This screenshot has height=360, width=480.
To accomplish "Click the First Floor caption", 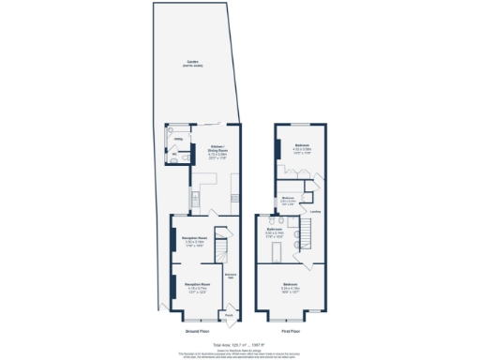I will pyautogui.click(x=291, y=331).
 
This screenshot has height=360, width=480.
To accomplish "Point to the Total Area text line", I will pyautogui.click(x=243, y=345).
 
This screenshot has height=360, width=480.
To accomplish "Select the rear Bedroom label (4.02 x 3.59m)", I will pyautogui.click(x=303, y=148).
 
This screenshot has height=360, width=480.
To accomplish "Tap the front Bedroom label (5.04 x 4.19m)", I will pyautogui.click(x=291, y=288).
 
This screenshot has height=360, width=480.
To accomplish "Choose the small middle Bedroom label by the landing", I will pyautogui.click(x=289, y=199).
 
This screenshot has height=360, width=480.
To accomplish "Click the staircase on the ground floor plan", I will pyautogui.click(x=222, y=247).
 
